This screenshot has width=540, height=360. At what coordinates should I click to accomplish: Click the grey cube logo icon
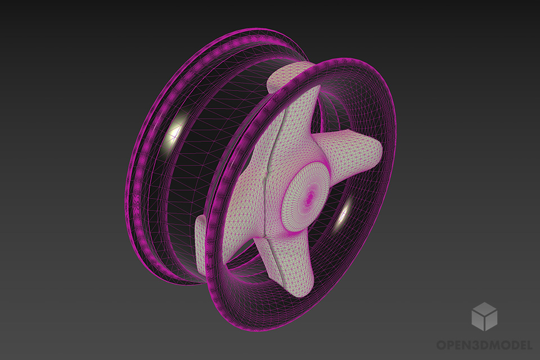[484, 316]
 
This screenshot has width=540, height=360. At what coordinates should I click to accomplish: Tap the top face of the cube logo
[484, 308]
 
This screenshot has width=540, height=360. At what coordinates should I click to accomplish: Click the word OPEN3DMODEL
[484, 344]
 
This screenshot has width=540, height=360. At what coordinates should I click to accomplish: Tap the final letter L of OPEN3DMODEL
[528, 344]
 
